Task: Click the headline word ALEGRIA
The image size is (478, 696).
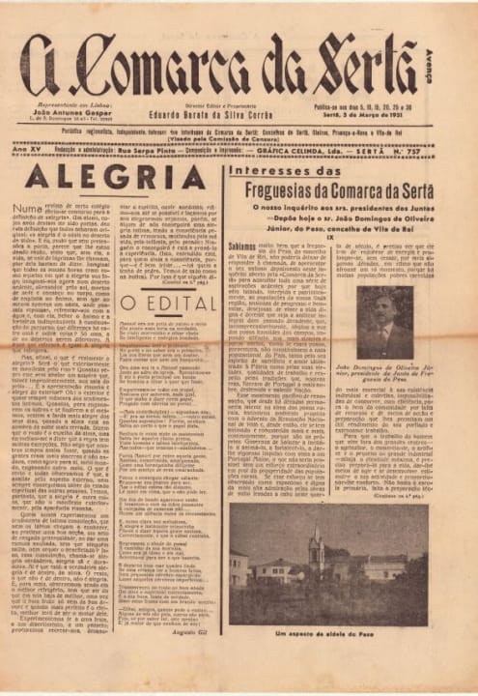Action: [115, 177]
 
